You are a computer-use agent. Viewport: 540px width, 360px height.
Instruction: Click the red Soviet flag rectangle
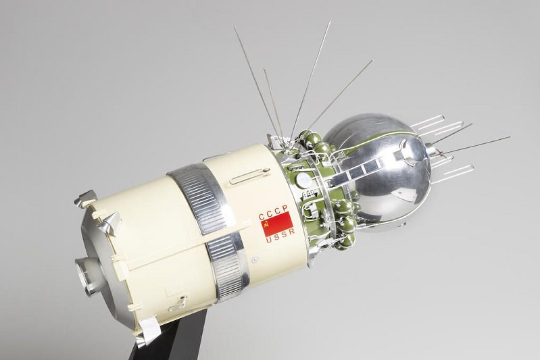(x=276, y=224)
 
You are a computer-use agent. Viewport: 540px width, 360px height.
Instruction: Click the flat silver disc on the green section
(x=303, y=180)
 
